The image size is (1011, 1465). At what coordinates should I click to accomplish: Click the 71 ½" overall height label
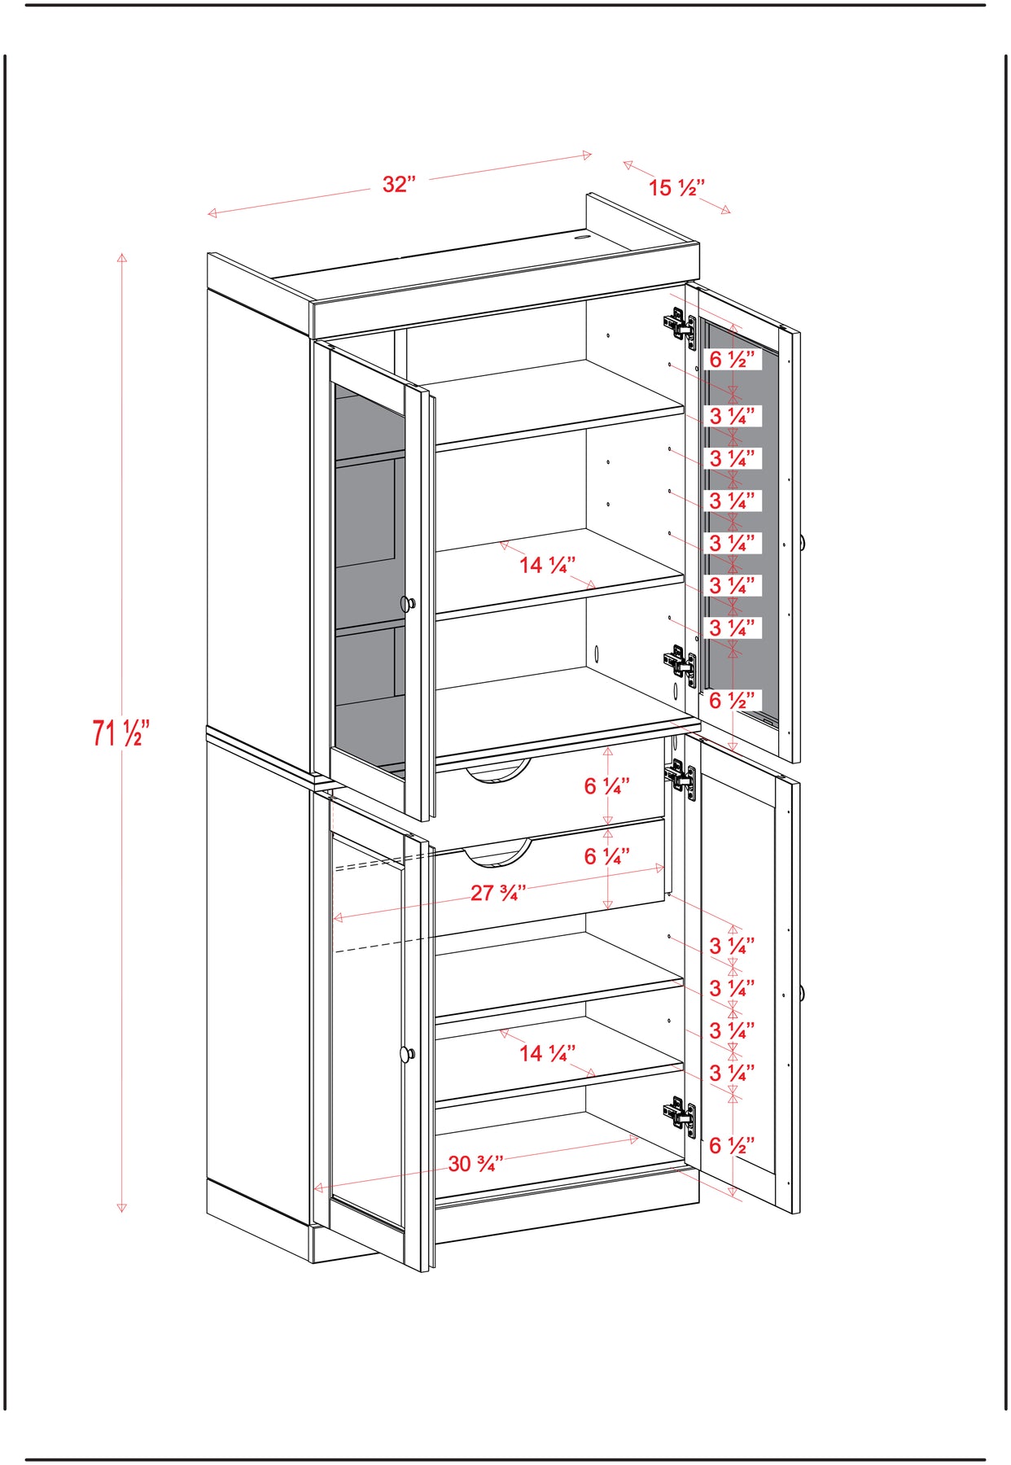(x=120, y=732)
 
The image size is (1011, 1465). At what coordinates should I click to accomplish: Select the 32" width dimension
(x=399, y=184)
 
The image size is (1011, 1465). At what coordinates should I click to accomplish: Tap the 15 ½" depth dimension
(x=676, y=188)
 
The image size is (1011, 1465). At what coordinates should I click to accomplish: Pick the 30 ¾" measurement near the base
(x=475, y=1164)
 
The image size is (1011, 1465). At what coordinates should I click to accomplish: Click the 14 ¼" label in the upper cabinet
(x=547, y=565)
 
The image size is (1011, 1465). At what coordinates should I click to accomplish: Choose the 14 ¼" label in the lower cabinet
(x=547, y=1053)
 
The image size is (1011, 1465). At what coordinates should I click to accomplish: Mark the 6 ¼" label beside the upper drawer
(x=606, y=786)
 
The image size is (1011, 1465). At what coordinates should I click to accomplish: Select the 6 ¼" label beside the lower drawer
(x=606, y=856)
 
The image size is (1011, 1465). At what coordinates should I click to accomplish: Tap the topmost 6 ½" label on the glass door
(x=732, y=359)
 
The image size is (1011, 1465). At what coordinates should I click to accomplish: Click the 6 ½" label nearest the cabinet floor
(x=732, y=1146)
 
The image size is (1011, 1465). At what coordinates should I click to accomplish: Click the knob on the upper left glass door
(x=408, y=603)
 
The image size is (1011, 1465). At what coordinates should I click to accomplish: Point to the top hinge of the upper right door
(x=680, y=326)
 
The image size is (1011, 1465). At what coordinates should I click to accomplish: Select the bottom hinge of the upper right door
(x=680, y=663)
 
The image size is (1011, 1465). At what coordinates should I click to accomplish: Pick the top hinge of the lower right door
(x=680, y=776)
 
